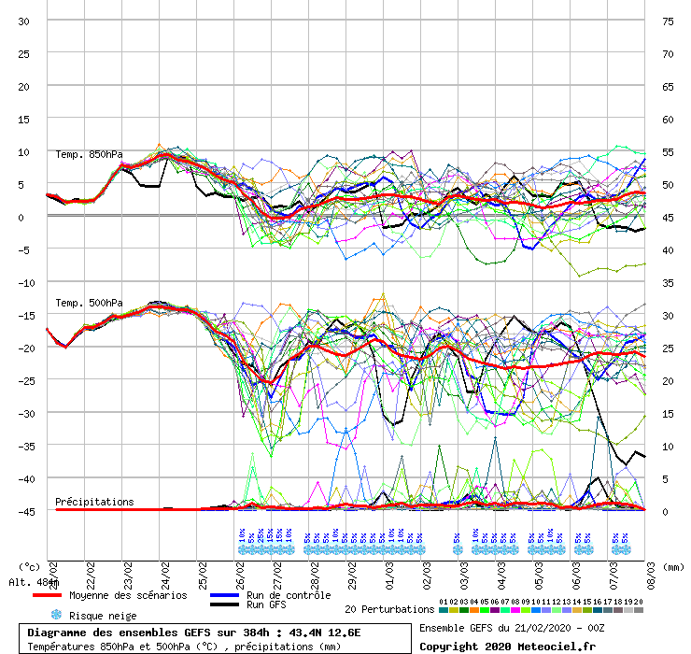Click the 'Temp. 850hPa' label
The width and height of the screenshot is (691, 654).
click(x=89, y=155)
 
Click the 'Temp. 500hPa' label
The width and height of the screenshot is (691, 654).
click(x=89, y=303)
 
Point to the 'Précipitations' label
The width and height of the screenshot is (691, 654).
click(x=94, y=502)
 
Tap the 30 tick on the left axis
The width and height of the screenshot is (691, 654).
click(x=24, y=21)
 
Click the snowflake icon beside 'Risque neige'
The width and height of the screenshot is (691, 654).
click(x=56, y=615)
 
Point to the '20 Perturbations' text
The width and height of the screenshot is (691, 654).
click(x=389, y=609)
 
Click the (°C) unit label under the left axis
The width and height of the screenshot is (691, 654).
click(x=29, y=566)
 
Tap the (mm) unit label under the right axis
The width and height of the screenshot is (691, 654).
click(x=675, y=566)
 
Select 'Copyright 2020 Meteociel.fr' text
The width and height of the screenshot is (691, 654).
click(x=507, y=646)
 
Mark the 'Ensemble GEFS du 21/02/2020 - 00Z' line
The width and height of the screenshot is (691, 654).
click(x=512, y=628)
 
